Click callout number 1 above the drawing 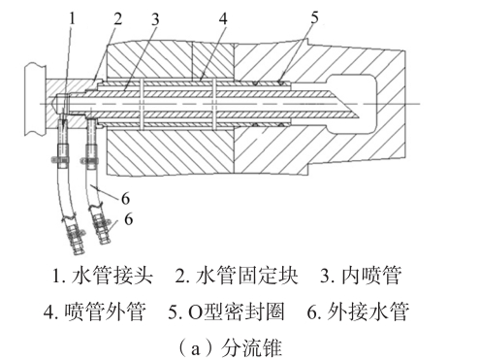[x=72, y=17]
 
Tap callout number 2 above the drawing [x=117, y=18]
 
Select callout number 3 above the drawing [x=155, y=19]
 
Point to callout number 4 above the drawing [x=223, y=18]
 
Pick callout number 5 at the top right [x=314, y=16]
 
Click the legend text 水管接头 [x=112, y=276]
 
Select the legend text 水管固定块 [x=246, y=276]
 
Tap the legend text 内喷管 [x=371, y=276]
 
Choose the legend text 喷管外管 [x=105, y=311]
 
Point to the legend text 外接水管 [x=368, y=311]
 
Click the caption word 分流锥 [x=251, y=347]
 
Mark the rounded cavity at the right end [x=352, y=104]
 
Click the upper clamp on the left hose [x=60, y=159]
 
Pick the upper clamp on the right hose [x=90, y=159]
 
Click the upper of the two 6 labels [x=126, y=198]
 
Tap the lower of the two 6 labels [x=129, y=219]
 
